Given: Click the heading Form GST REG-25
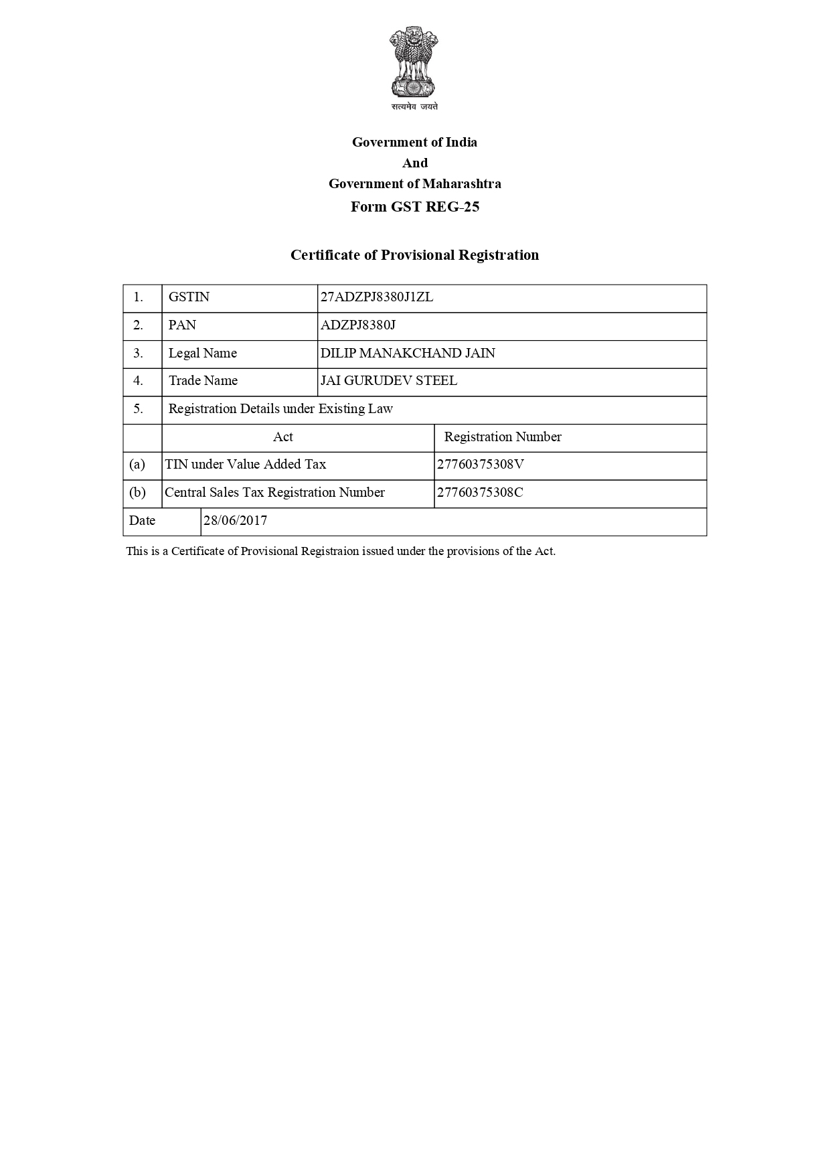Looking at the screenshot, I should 415,207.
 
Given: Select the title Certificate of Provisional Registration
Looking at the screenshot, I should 414,255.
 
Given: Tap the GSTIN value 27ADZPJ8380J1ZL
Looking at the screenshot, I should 377,297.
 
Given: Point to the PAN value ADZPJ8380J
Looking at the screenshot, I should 358,325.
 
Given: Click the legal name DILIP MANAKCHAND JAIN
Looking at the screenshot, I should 408,354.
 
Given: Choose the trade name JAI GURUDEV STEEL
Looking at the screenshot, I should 389,381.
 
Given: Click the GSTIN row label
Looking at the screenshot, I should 189,297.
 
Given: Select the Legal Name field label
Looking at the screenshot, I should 202,354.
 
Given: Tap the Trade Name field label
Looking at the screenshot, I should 203,381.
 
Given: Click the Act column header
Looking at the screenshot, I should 283,437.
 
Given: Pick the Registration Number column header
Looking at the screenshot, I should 503,437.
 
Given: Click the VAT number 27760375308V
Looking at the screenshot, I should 480,465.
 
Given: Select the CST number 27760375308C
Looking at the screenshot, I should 480,493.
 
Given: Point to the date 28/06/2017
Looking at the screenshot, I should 235,521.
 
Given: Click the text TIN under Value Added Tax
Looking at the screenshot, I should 246,465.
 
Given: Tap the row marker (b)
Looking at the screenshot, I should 137,493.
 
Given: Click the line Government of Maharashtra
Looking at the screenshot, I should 414,183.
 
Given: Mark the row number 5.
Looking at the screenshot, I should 138,409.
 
